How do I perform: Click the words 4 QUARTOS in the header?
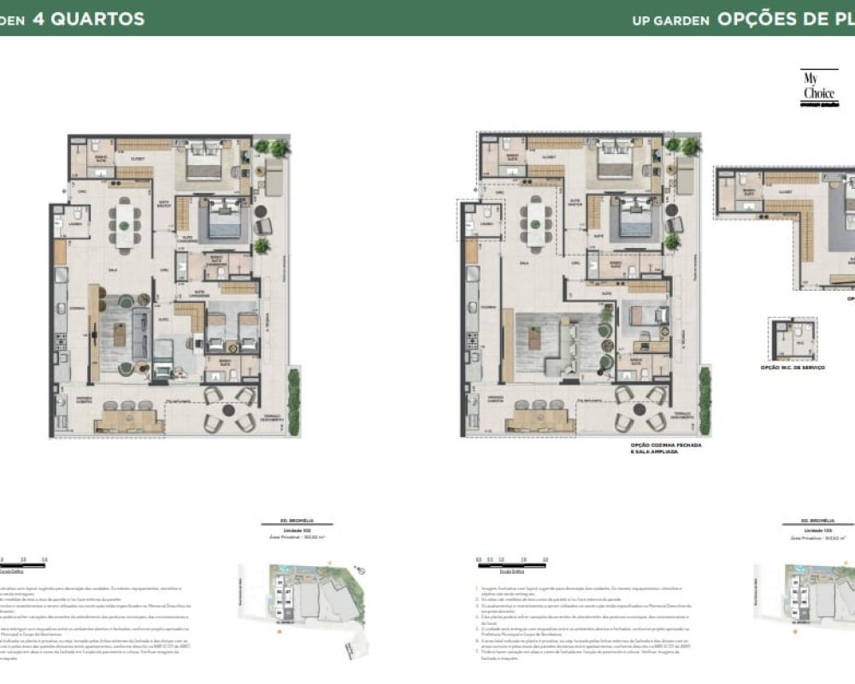click(87, 19)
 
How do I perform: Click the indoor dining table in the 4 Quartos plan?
click(125, 225)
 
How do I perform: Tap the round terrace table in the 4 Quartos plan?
click(227, 409)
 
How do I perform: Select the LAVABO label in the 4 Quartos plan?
click(75, 224)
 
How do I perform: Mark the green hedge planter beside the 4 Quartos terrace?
click(294, 402)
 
